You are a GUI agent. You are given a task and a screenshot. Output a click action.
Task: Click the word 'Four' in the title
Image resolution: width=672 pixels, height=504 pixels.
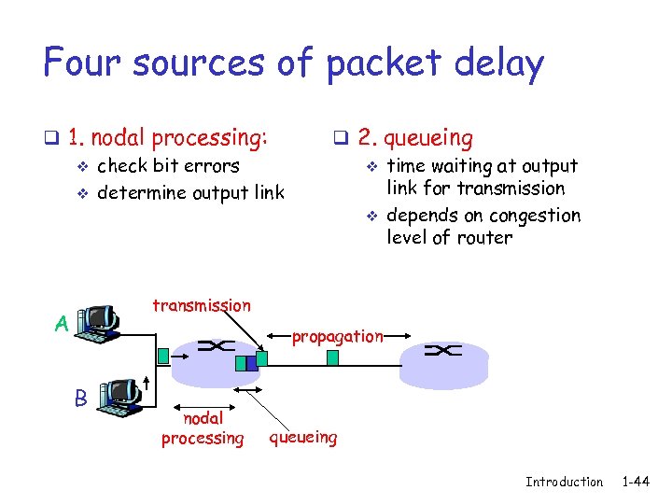(x=83, y=63)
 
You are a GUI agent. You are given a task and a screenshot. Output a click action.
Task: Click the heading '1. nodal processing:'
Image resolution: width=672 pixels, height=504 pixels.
(x=168, y=138)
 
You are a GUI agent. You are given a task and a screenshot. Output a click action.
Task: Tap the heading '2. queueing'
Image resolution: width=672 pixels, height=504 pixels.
(x=414, y=138)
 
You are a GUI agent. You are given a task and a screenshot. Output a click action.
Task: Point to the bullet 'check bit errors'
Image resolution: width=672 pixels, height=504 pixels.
(x=168, y=166)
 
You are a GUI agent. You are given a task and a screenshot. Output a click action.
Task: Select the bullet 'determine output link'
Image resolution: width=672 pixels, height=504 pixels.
(x=190, y=193)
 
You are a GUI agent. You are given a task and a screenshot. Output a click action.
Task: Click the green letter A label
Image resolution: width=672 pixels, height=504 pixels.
(x=61, y=324)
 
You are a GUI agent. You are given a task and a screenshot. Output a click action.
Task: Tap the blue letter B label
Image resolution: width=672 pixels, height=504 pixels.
(x=81, y=398)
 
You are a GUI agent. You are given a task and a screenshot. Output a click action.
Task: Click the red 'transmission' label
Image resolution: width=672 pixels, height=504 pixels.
(x=201, y=305)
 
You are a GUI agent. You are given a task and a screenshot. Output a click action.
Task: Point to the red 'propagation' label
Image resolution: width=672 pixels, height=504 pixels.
(x=337, y=337)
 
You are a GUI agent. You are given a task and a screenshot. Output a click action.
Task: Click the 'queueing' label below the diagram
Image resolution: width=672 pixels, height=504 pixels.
(x=303, y=436)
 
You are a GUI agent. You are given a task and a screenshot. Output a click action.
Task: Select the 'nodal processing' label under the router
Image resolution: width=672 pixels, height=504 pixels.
(x=203, y=428)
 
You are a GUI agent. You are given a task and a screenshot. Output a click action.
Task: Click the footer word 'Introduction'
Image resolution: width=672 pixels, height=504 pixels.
(x=564, y=482)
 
